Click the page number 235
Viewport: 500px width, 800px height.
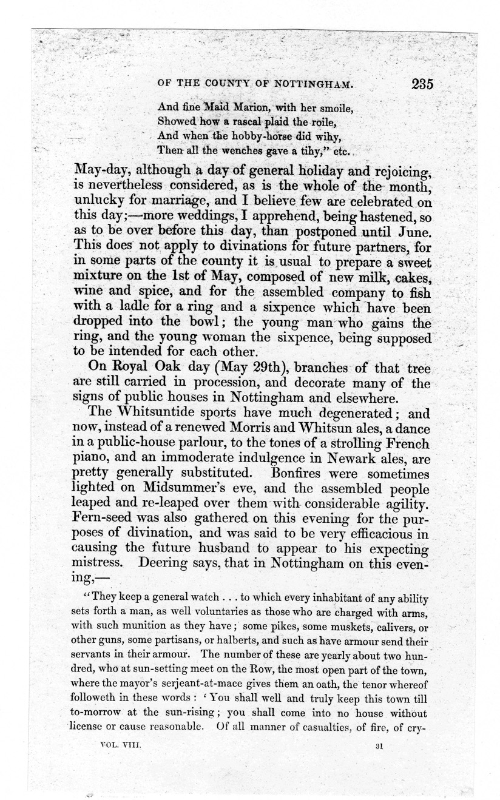421,84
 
